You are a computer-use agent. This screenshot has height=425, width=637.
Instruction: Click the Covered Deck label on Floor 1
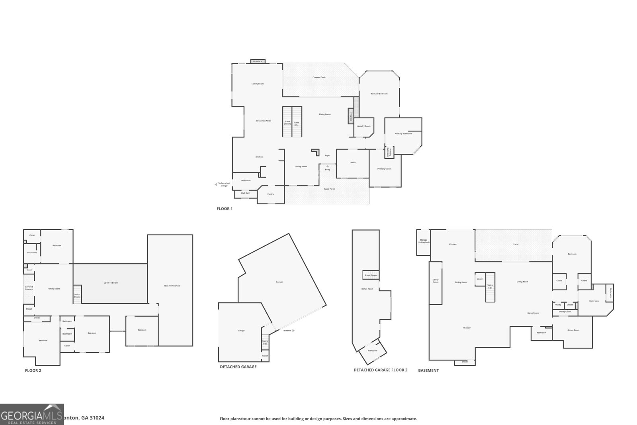[319, 77]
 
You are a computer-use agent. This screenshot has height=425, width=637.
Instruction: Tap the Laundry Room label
[363, 126]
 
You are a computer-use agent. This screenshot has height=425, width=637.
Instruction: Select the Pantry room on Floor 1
[271, 194]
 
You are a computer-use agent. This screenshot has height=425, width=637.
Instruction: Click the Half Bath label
[246, 193]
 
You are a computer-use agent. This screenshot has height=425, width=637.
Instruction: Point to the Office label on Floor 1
[353, 163]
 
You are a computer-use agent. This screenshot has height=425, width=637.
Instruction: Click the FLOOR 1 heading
[225, 209]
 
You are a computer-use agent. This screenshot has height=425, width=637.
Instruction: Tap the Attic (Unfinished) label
[172, 286]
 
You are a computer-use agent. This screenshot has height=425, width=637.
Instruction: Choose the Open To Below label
[111, 283]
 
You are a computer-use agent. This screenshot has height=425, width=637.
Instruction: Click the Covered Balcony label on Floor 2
[29, 288]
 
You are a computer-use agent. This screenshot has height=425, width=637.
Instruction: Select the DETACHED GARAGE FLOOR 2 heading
[380, 370]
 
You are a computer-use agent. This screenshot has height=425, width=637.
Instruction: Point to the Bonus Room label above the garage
[367, 289]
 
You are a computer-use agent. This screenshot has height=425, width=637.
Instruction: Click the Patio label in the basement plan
[516, 244]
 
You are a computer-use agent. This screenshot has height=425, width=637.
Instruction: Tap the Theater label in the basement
[467, 328]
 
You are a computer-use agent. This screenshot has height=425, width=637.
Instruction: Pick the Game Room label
[533, 313]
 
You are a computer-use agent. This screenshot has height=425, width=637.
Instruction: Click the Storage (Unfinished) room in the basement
[424, 241]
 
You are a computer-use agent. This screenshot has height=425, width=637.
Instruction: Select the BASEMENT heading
[428, 370]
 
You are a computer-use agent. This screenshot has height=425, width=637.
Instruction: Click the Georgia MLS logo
[32, 414]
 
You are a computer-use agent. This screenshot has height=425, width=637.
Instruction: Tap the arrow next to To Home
[293, 331]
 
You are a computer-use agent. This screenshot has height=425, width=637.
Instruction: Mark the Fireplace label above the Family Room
[258, 61]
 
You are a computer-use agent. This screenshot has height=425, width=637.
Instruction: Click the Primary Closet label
[384, 169]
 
